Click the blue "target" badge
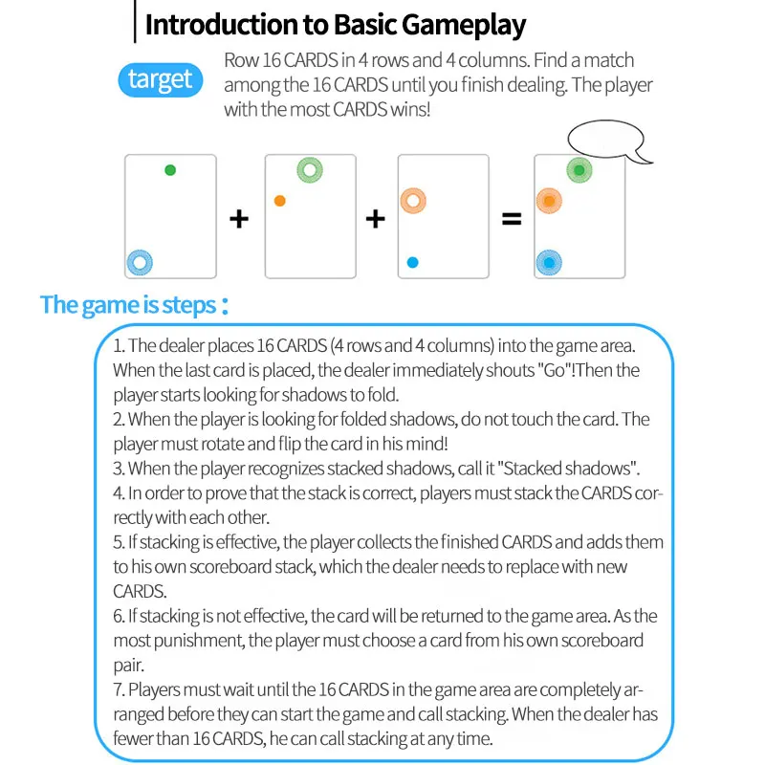click(160, 79)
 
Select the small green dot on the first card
click(170, 170)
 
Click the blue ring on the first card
click(141, 261)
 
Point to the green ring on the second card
click(309, 171)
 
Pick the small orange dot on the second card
click(279, 201)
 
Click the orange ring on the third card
click(413, 201)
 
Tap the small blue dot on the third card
click(412, 261)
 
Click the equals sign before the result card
click(513, 219)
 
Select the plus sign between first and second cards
click(239, 219)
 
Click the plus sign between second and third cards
click(376, 219)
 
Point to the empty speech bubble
click(603, 144)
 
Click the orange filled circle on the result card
click(548, 201)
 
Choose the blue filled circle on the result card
click(548, 261)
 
